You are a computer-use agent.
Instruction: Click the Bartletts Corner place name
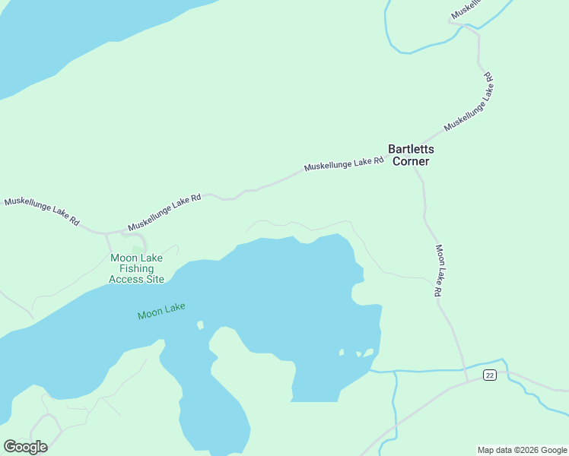(409, 155)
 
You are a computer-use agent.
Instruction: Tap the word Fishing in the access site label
(136, 268)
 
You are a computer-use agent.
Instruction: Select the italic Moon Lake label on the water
(161, 311)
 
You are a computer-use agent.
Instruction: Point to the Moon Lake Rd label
(439, 270)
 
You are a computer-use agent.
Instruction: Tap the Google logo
(25, 446)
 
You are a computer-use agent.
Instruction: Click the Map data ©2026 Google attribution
(522, 450)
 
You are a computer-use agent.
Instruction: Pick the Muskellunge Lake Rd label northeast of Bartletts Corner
(469, 103)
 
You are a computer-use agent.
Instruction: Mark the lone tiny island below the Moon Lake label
(200, 325)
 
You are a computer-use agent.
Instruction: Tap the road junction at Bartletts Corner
(415, 169)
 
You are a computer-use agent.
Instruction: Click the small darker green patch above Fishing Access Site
(137, 249)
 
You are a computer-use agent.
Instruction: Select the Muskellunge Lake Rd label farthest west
(42, 212)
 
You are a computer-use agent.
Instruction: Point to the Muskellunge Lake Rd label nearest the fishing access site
(164, 212)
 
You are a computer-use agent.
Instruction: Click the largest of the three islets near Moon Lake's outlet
(368, 352)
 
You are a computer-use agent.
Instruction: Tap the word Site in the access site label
(154, 279)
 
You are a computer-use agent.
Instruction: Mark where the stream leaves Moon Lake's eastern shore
(370, 371)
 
